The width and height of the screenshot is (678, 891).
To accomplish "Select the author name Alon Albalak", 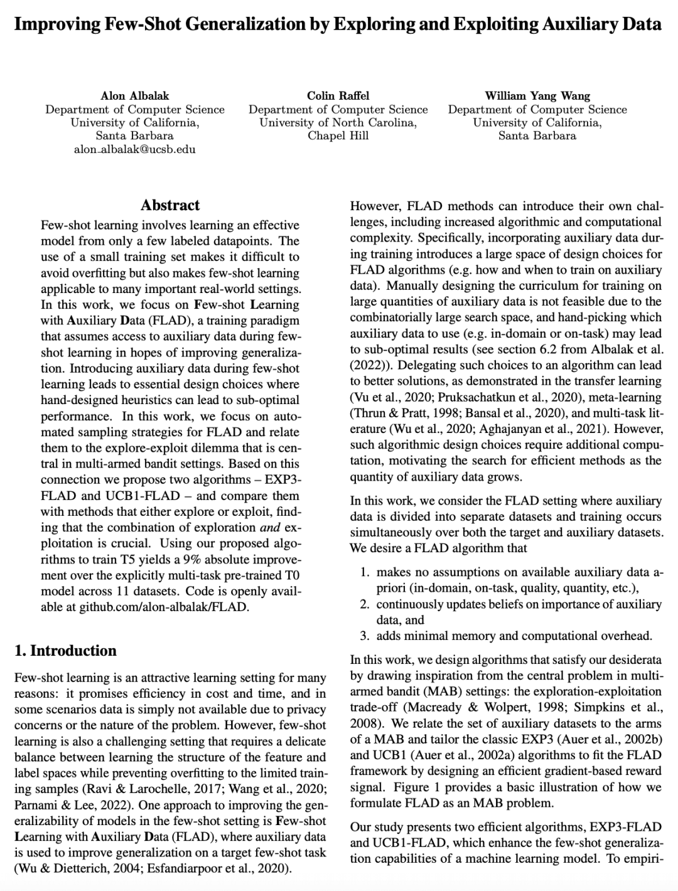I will (x=134, y=96).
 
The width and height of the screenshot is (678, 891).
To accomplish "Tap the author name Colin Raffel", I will (x=338, y=96).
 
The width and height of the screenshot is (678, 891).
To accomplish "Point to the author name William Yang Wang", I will (x=537, y=96).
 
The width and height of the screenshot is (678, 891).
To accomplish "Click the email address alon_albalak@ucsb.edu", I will (x=134, y=149).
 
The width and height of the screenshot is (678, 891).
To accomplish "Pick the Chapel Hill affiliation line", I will (x=338, y=136).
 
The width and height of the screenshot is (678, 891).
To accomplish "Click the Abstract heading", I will (x=170, y=205).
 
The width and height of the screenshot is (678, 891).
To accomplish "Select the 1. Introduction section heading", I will (x=65, y=650).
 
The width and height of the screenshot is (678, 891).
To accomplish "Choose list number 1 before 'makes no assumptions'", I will (x=364, y=572).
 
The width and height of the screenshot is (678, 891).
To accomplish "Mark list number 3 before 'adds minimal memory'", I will (x=364, y=636).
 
